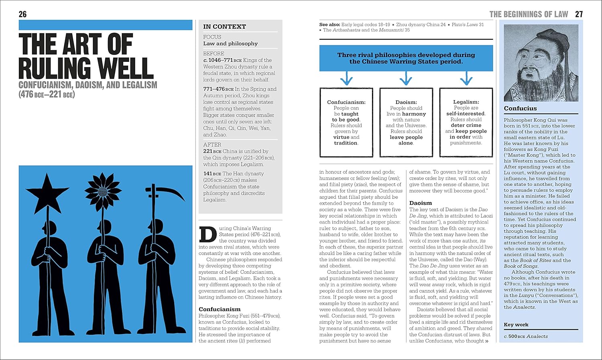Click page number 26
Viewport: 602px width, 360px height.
click(22, 14)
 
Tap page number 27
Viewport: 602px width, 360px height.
click(579, 14)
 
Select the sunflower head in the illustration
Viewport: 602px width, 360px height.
click(103, 189)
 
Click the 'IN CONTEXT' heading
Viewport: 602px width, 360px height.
click(224, 26)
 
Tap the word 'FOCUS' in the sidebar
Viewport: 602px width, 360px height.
click(212, 37)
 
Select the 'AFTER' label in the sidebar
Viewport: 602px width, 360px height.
click(212, 144)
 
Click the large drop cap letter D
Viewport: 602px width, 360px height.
click(207, 235)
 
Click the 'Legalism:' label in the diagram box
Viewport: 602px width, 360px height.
click(466, 102)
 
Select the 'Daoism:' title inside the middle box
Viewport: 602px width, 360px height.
click(406, 102)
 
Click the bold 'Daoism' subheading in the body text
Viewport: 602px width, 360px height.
click(421, 203)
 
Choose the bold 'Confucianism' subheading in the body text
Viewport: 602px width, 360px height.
click(220, 309)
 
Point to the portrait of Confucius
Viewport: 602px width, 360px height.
click(541, 63)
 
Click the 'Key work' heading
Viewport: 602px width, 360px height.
click(516, 325)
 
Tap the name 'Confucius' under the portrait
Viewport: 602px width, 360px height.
click(520, 108)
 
